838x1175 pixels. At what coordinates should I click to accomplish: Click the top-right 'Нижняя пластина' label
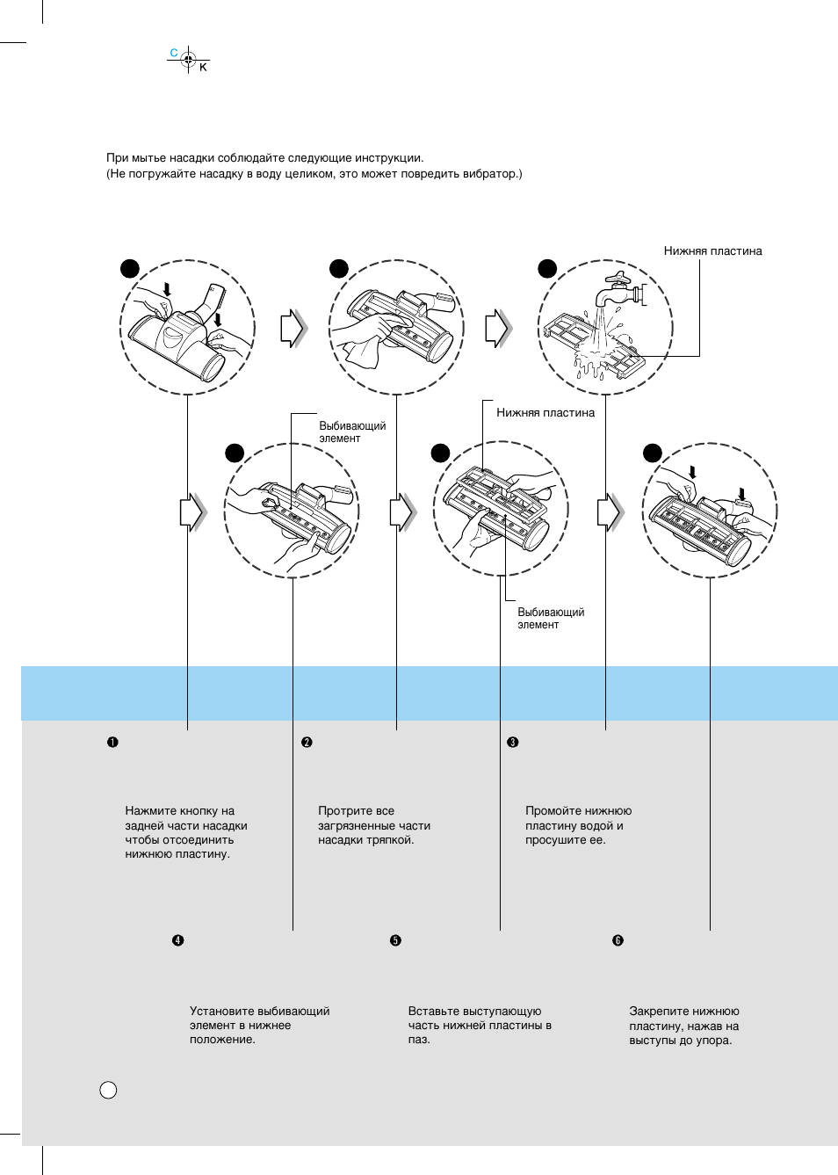[x=712, y=251]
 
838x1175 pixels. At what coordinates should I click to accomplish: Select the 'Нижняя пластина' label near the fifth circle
[x=545, y=413]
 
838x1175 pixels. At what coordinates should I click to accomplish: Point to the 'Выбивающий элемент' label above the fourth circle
[x=351, y=432]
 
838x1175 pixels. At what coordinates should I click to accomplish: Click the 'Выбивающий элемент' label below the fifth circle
[x=550, y=618]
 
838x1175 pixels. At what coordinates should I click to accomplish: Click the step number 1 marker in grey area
[x=112, y=743]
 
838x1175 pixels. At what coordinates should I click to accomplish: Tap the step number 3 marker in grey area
[x=513, y=743]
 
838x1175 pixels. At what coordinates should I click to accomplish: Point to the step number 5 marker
[x=395, y=940]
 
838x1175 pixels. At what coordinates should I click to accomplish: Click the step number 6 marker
[x=618, y=940]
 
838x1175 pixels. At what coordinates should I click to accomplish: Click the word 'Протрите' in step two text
[x=344, y=811]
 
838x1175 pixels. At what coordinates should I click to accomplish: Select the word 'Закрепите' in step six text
[x=656, y=1012]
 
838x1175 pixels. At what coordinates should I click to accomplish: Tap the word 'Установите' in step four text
[x=220, y=1012]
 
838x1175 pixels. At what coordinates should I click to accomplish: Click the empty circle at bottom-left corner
[x=108, y=1091]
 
